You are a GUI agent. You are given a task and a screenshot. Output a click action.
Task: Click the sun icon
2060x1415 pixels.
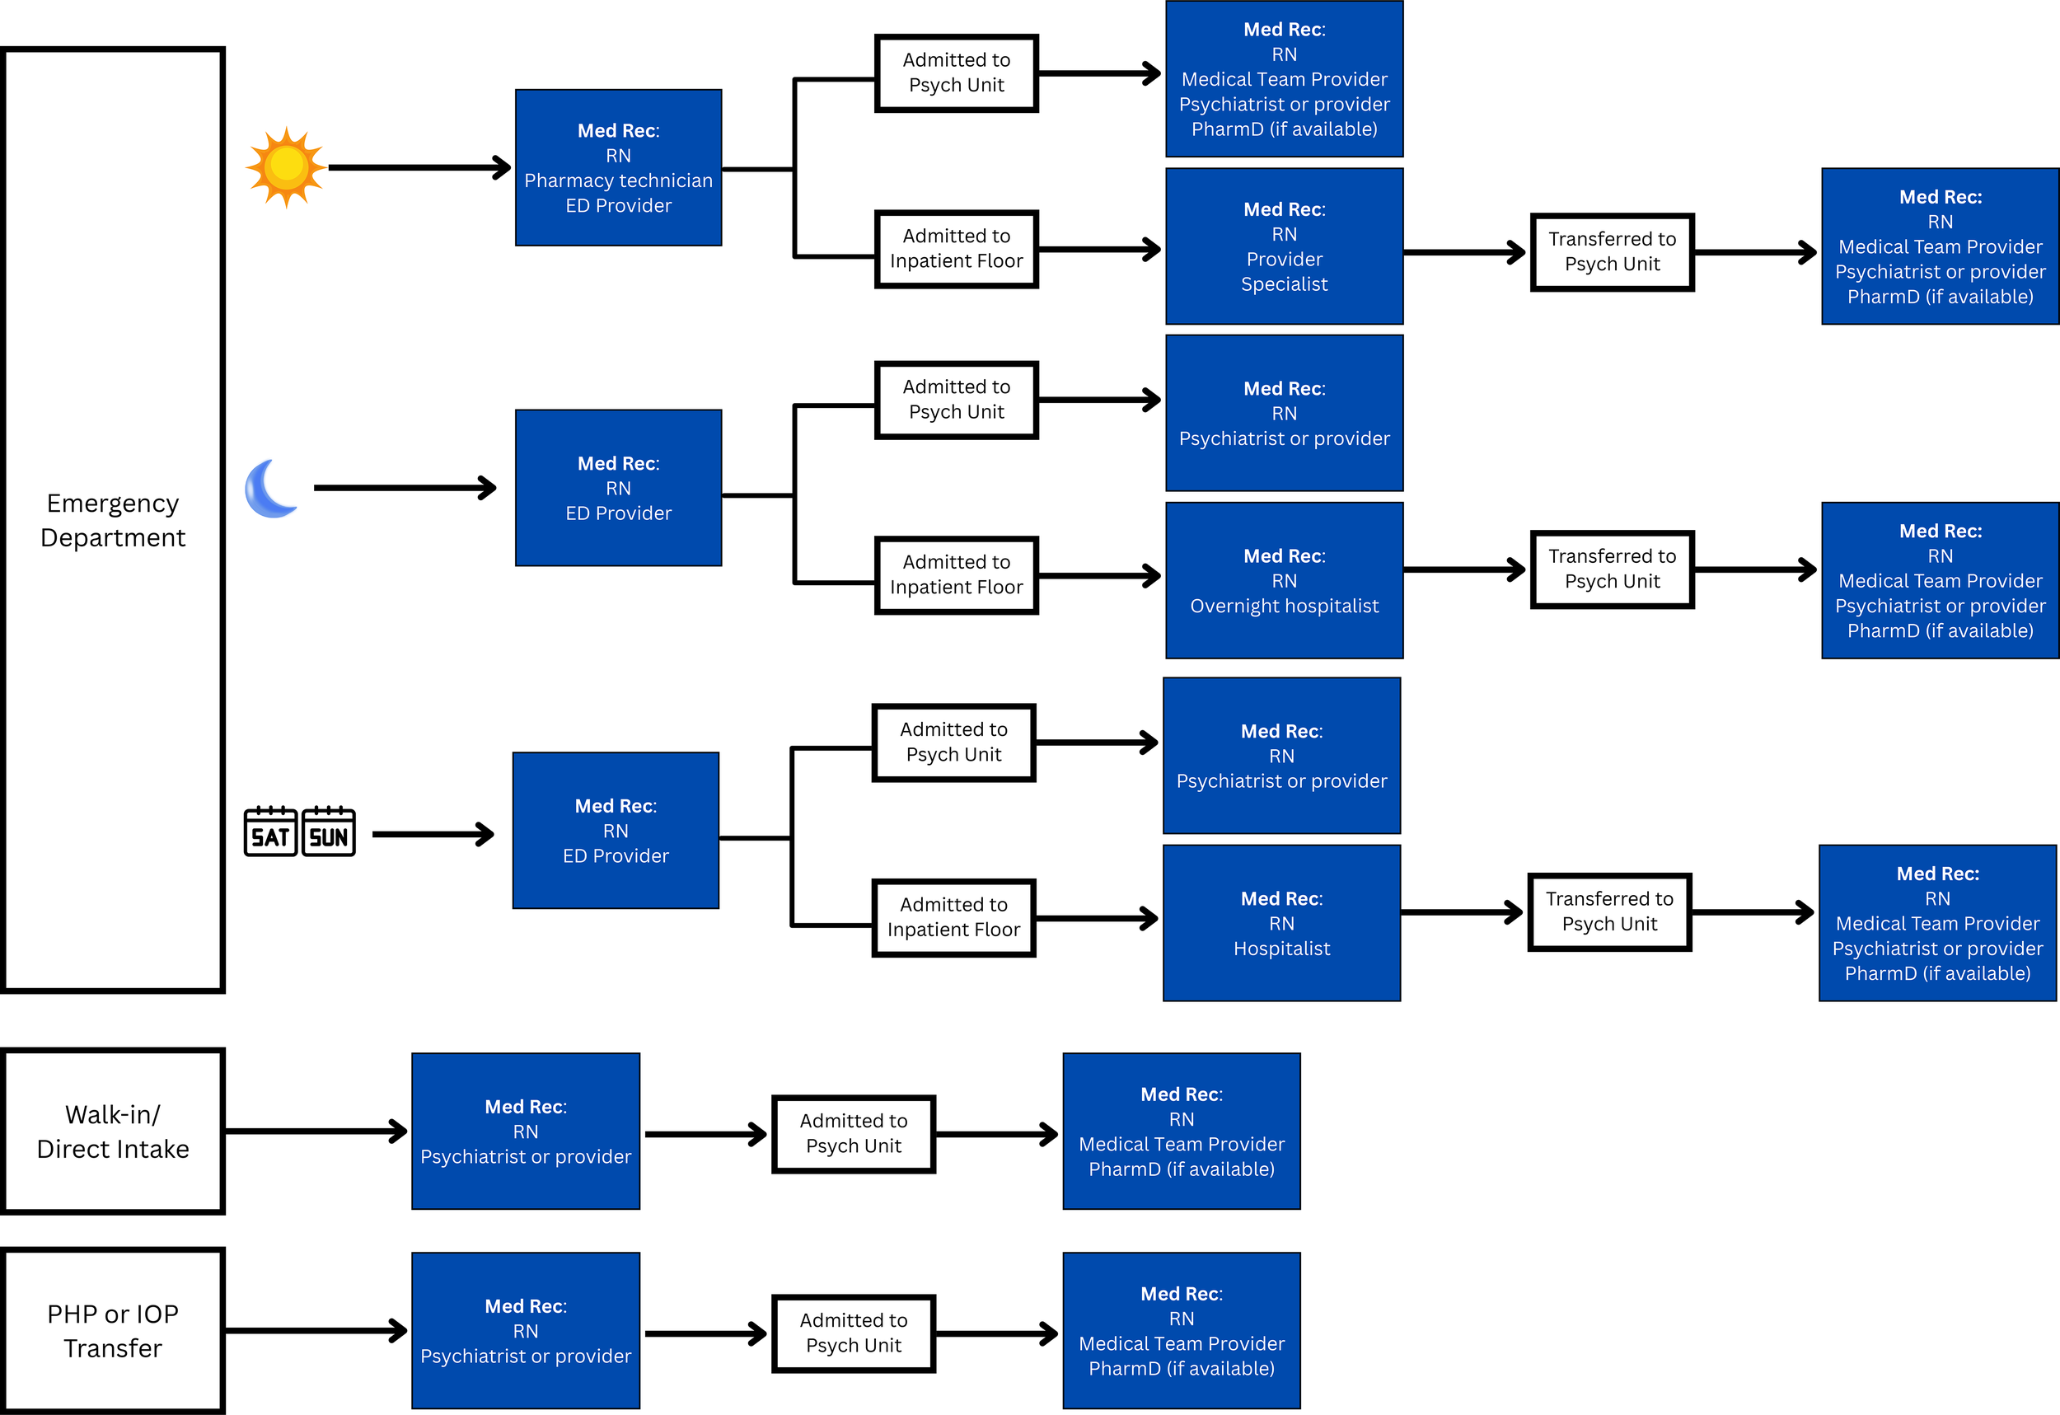click(x=285, y=166)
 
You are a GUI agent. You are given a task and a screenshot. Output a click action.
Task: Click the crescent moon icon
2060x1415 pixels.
click(x=270, y=489)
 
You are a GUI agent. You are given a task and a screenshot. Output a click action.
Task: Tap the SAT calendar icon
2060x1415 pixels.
click(x=270, y=832)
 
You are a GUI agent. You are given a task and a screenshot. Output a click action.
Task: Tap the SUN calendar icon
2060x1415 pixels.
click(x=329, y=832)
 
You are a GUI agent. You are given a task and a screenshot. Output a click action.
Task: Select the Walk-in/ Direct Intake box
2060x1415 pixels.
click(x=113, y=1131)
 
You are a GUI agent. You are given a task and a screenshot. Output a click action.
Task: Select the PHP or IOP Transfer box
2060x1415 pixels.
click(x=113, y=1330)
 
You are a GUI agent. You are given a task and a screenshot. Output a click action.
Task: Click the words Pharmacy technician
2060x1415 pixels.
click(x=618, y=180)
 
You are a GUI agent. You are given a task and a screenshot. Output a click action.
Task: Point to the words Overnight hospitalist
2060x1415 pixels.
click(x=1284, y=606)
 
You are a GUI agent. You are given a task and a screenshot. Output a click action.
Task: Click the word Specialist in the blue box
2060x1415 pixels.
click(x=1284, y=283)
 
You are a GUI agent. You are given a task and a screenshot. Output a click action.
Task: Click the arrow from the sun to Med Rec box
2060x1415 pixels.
click(x=417, y=166)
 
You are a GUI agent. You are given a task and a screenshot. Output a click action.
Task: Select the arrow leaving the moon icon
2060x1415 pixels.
click(x=403, y=488)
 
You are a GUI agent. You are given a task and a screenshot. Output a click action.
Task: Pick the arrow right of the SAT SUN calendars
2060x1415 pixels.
click(x=432, y=833)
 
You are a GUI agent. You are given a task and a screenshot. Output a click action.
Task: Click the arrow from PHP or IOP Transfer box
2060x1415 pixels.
click(x=315, y=1330)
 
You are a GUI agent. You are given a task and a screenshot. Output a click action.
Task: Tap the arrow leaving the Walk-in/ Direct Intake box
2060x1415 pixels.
click(x=315, y=1131)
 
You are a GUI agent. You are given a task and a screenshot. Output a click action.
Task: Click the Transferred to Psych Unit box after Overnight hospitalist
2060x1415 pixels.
click(x=1612, y=569)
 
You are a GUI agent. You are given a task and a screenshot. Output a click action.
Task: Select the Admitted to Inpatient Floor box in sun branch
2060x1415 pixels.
click(x=956, y=248)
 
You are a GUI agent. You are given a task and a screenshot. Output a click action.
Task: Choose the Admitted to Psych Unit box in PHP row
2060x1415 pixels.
click(x=853, y=1333)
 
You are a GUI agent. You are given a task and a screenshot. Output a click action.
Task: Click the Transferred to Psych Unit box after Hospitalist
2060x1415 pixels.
click(x=1608, y=911)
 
